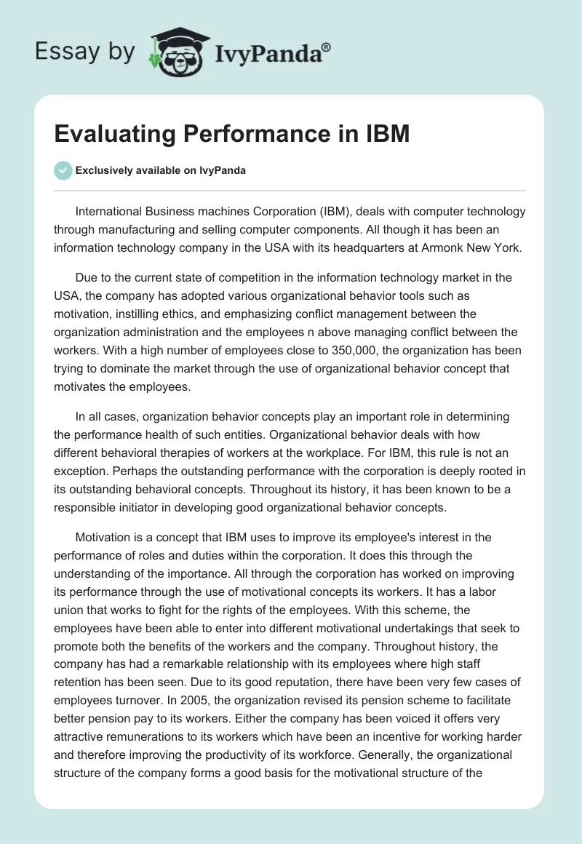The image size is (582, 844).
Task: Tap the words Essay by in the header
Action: point(85,51)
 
